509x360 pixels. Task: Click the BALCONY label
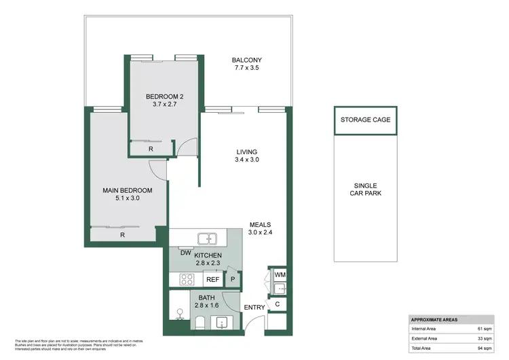point(246,60)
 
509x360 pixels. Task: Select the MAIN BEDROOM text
point(127,190)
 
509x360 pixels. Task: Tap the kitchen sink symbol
point(205,238)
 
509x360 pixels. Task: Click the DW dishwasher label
point(185,253)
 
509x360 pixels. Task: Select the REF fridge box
point(212,279)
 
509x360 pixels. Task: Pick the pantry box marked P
point(233,279)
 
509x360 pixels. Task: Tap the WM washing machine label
point(280,274)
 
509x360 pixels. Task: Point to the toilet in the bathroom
point(180,313)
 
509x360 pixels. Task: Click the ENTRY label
point(254,308)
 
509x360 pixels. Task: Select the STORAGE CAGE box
point(366,120)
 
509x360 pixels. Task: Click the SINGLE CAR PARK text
point(366,190)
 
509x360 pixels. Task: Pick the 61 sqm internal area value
point(484,329)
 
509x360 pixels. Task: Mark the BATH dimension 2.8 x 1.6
point(207,306)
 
